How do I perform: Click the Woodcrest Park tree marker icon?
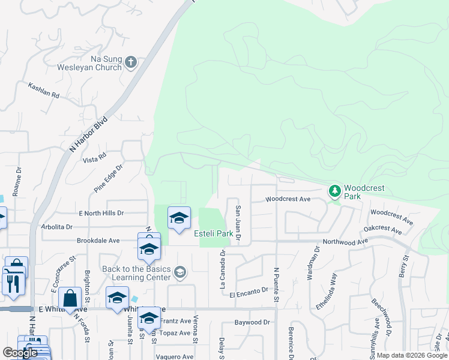[x=334, y=191]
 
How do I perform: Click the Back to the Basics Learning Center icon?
[x=179, y=274]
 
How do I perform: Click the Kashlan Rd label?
[x=44, y=91]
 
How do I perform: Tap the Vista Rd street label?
[x=94, y=158]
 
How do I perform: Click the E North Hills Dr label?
[x=101, y=213]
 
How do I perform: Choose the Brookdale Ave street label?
[x=98, y=241]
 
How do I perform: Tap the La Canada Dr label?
[x=222, y=269]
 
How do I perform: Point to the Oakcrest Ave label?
[x=382, y=229]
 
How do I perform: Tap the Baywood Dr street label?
[x=252, y=322]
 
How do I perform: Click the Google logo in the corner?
[x=20, y=353]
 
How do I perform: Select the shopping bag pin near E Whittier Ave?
[x=71, y=298]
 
